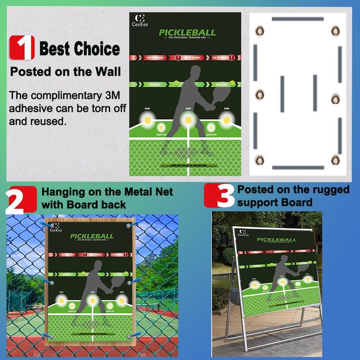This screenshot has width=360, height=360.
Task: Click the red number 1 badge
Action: point(22,48)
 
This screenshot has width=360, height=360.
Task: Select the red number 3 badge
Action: point(219,196)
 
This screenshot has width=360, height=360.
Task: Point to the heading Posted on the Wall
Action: point(65,71)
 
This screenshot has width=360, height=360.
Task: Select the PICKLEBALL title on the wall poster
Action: point(187,33)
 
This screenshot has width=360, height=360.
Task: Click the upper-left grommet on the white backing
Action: point(260,31)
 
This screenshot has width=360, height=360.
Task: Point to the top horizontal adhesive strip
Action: point(297,19)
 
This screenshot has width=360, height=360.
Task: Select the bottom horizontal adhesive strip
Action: point(297,167)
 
